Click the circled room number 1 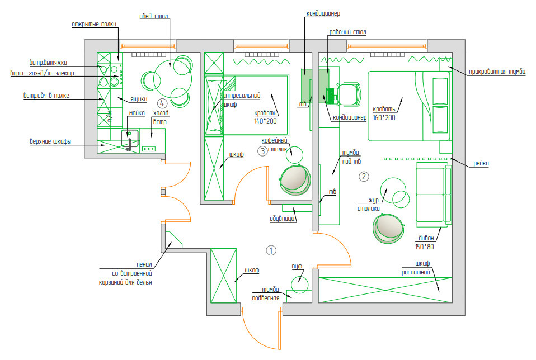271,250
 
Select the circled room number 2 364,177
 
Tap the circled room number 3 262,151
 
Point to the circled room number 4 162,103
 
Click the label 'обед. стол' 154,16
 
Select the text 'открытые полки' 94,24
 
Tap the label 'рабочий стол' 347,32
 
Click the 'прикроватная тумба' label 497,72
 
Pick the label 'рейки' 481,164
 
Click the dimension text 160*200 384,118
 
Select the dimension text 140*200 265,121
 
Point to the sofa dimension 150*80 424,247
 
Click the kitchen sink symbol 130,138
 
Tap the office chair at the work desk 349,93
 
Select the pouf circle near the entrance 300,285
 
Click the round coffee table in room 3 294,154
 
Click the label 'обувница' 283,219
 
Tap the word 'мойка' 137,113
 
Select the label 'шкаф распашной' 416,268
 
